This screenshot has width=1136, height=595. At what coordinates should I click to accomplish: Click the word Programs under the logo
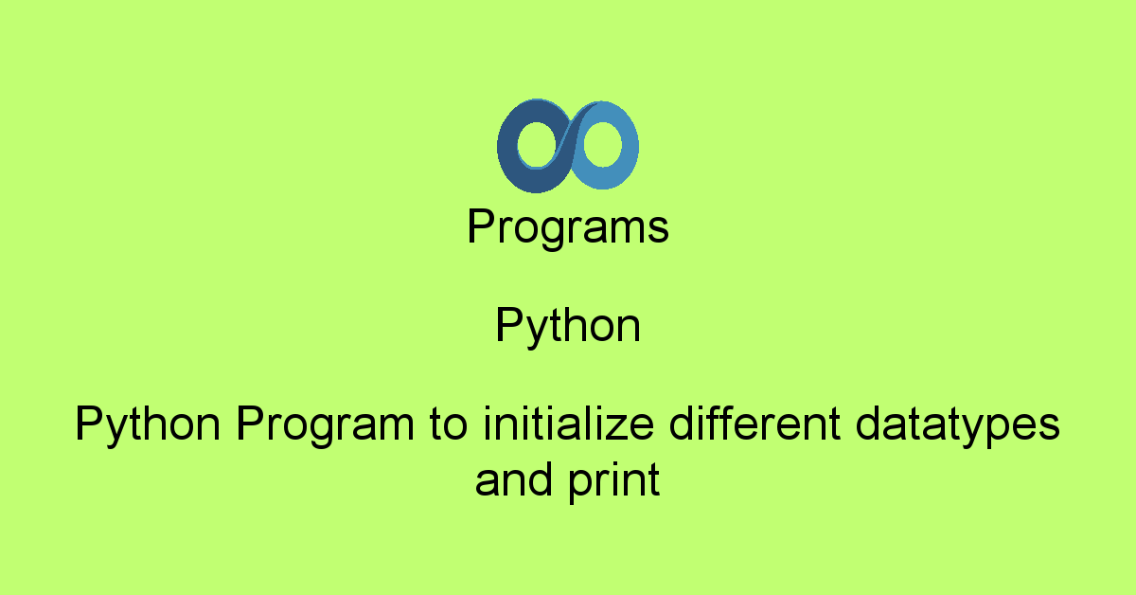point(568,228)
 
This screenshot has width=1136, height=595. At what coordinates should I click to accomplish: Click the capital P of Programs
point(481,227)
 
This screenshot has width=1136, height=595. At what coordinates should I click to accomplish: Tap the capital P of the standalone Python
point(507,326)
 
